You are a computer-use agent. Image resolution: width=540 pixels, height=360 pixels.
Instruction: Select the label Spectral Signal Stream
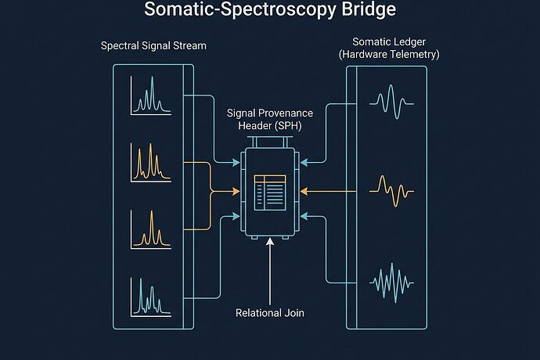(153, 45)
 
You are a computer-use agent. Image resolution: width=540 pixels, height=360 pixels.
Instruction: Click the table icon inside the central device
(270, 192)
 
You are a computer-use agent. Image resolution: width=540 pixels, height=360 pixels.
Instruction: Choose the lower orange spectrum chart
(149, 229)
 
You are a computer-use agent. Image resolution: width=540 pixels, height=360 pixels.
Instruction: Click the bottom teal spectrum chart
(149, 297)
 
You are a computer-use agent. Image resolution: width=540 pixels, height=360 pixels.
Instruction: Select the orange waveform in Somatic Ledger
(389, 189)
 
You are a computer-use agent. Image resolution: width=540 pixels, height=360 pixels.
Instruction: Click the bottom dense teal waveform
(389, 279)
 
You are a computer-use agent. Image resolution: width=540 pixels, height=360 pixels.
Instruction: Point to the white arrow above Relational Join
(269, 270)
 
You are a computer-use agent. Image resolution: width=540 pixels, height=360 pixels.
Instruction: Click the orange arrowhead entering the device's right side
(305, 190)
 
